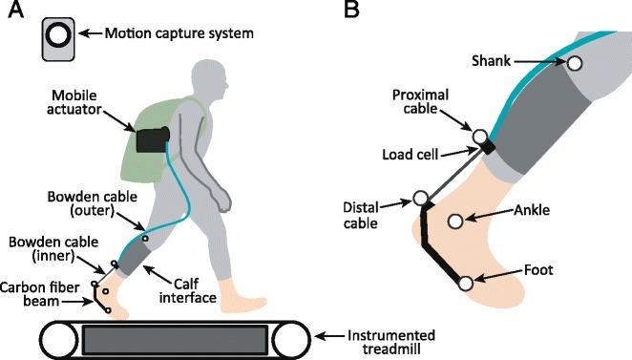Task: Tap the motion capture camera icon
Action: pyautogui.click(x=57, y=36)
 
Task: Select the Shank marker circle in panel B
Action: pyautogui.click(x=575, y=63)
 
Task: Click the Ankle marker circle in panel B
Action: pyautogui.click(x=455, y=221)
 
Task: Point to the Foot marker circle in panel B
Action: pyautogui.click(x=466, y=284)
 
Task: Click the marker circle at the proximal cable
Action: pyautogui.click(x=478, y=138)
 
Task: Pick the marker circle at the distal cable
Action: pyautogui.click(x=420, y=200)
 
